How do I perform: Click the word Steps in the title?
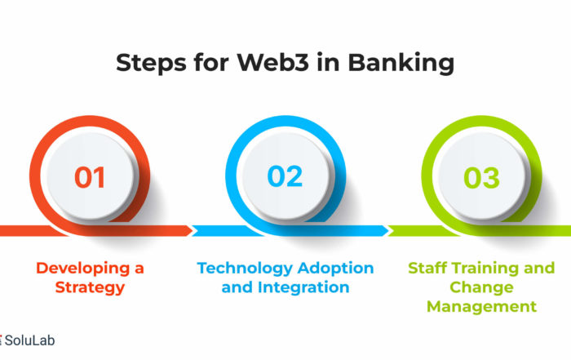coord(151,63)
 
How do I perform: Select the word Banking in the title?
coord(401,64)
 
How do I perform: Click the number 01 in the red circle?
coord(90,177)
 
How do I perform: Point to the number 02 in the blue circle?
coord(285,176)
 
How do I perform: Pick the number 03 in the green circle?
coord(481,178)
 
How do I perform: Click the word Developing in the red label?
coord(83,269)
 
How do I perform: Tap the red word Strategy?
coord(90,288)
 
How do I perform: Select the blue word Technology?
coord(245,269)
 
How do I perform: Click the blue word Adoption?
coord(335,269)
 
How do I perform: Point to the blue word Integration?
coord(303,287)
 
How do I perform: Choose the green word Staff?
coord(427,268)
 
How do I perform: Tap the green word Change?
coord(481,288)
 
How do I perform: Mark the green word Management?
coord(481,307)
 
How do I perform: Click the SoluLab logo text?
coord(29,340)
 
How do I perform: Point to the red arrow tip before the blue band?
coord(193,231)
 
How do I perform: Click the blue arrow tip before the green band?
coord(388,231)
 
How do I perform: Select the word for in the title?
coord(211,62)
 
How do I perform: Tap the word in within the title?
coord(329,62)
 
